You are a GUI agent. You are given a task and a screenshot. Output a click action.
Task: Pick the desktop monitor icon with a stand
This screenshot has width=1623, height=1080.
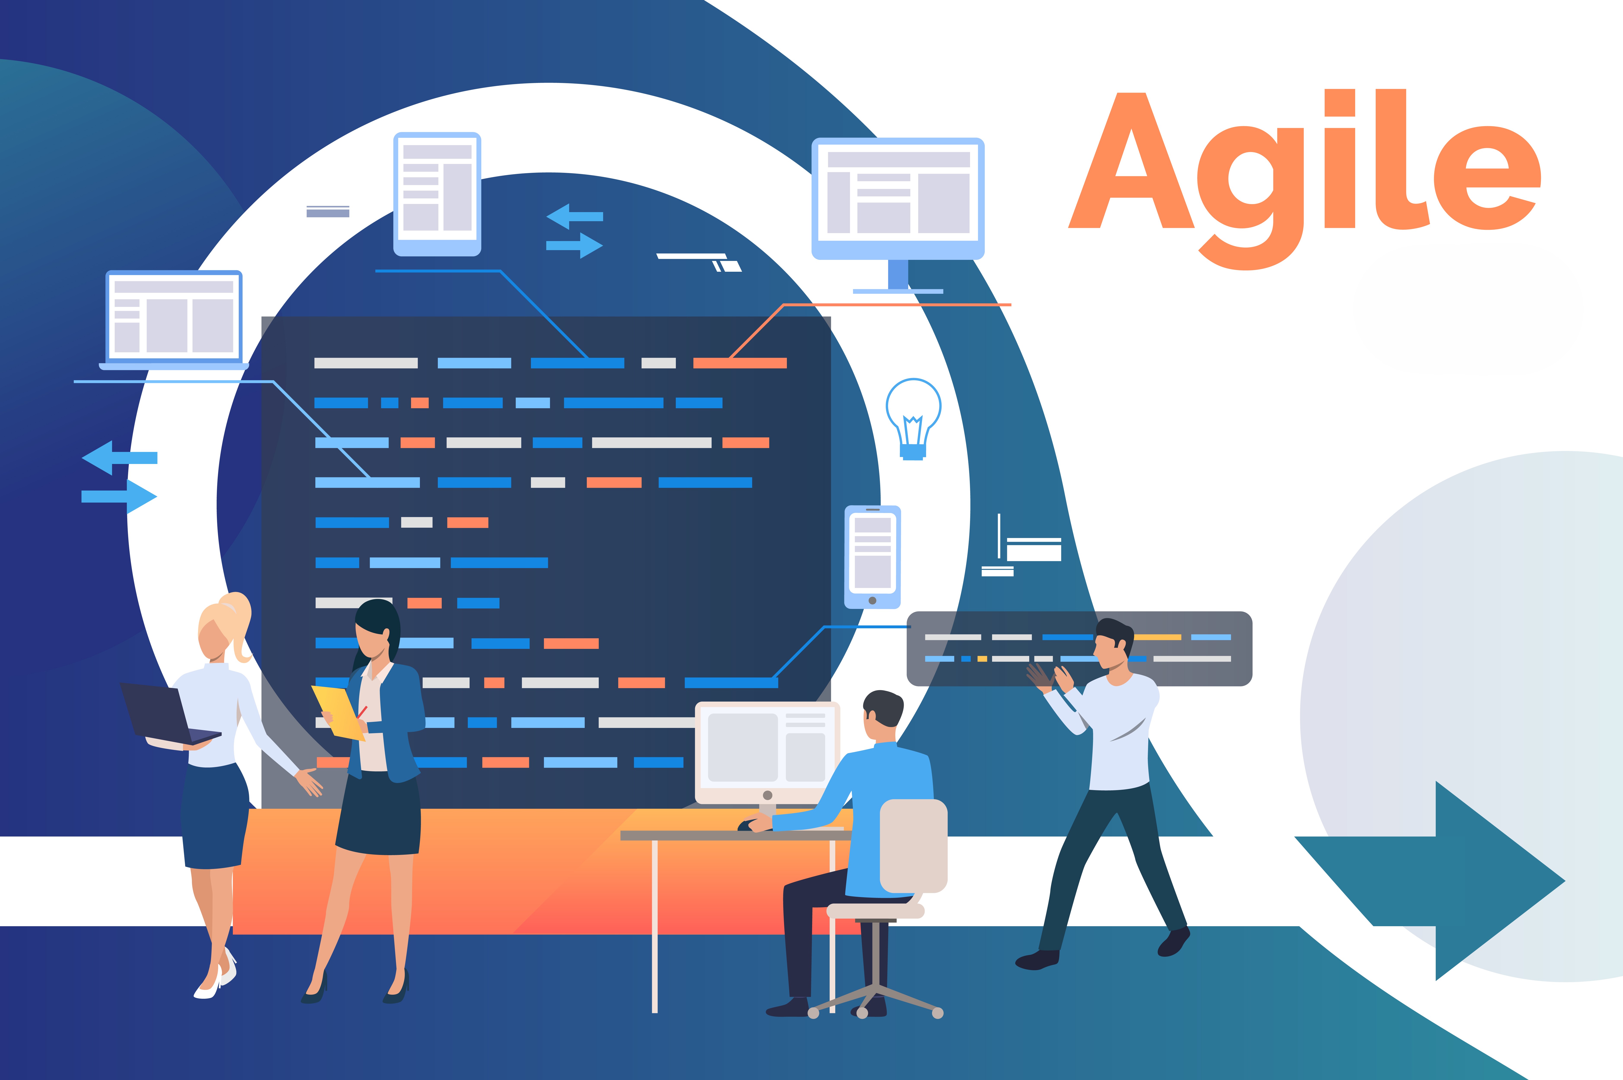(x=898, y=214)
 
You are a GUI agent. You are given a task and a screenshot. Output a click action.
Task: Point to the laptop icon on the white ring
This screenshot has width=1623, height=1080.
(x=173, y=320)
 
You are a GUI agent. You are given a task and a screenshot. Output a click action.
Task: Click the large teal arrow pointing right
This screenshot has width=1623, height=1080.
(x=1432, y=880)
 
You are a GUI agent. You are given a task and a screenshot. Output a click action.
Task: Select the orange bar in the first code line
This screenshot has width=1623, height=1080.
(x=740, y=363)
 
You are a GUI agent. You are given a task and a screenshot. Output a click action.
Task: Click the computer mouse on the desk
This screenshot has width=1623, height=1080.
(x=747, y=824)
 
